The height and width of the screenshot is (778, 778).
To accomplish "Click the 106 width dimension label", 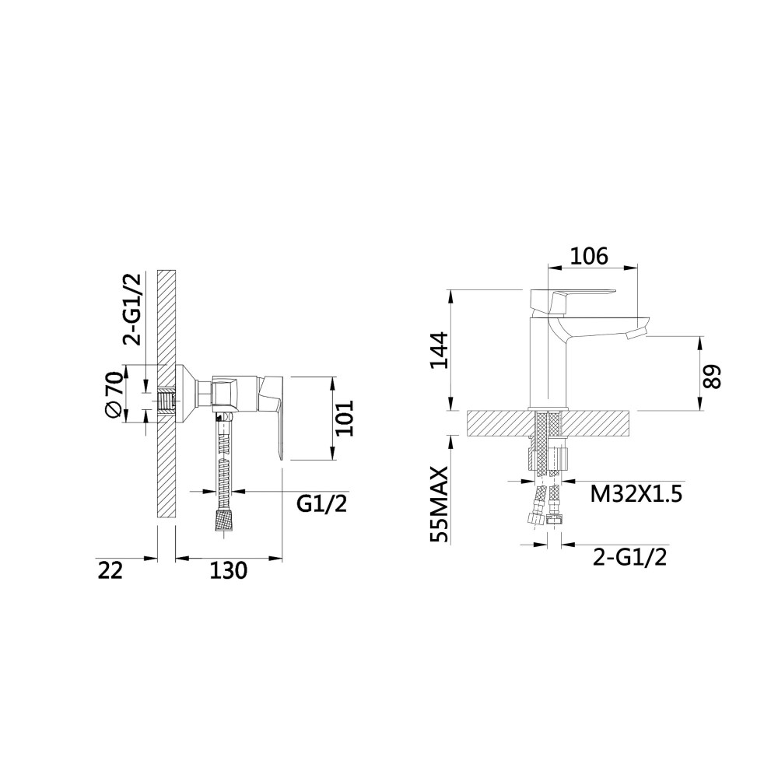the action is [x=588, y=256].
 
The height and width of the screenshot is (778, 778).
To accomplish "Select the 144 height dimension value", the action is [x=439, y=350].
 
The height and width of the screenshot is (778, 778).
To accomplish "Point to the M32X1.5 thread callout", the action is [x=636, y=494].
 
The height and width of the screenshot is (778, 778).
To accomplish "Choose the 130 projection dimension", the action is [x=228, y=570].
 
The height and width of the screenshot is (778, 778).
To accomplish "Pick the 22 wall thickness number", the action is [x=110, y=570].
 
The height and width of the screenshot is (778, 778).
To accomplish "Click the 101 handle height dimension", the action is [x=344, y=418].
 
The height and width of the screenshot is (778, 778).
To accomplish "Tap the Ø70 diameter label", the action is [x=113, y=394].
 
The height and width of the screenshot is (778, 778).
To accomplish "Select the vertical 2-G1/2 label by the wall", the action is [x=132, y=309].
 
